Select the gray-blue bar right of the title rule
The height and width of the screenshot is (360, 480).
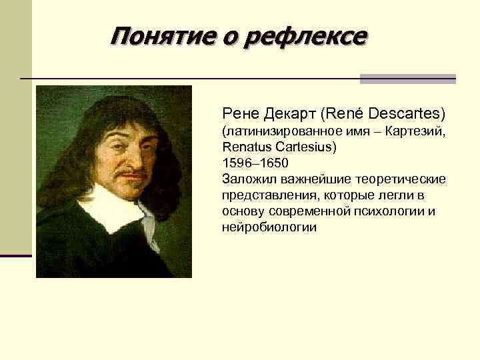point(407,79)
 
